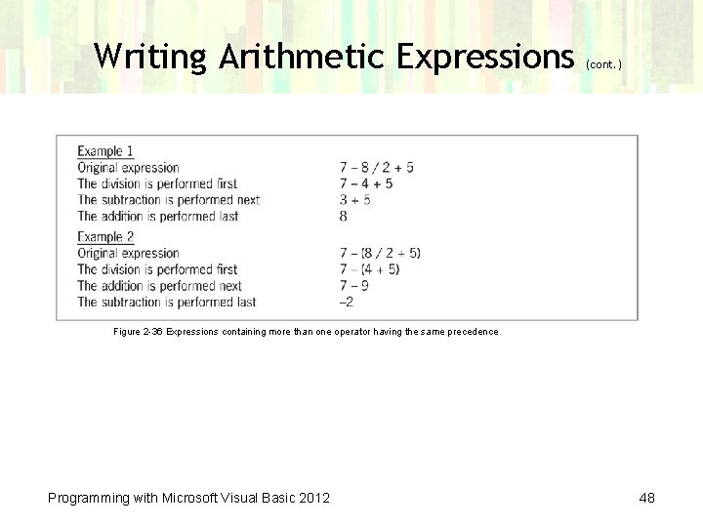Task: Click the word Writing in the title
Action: [x=151, y=57]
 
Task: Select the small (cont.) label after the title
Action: [x=604, y=64]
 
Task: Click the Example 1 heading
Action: [x=105, y=151]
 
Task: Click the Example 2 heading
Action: [x=105, y=237]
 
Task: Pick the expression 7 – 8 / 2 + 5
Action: [x=376, y=168]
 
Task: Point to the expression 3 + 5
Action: [x=354, y=200]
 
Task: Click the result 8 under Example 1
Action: [x=344, y=217]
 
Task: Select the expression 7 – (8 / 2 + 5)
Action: [x=380, y=254]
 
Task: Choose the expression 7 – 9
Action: [x=353, y=286]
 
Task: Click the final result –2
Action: [x=347, y=303]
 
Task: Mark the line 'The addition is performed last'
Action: [x=158, y=217]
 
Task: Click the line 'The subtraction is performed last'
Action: [x=167, y=303]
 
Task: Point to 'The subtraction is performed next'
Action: [x=169, y=200]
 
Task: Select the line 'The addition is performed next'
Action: [x=160, y=286]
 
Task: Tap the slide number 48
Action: [x=646, y=499]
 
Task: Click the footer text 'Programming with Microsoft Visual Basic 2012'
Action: [x=189, y=499]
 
